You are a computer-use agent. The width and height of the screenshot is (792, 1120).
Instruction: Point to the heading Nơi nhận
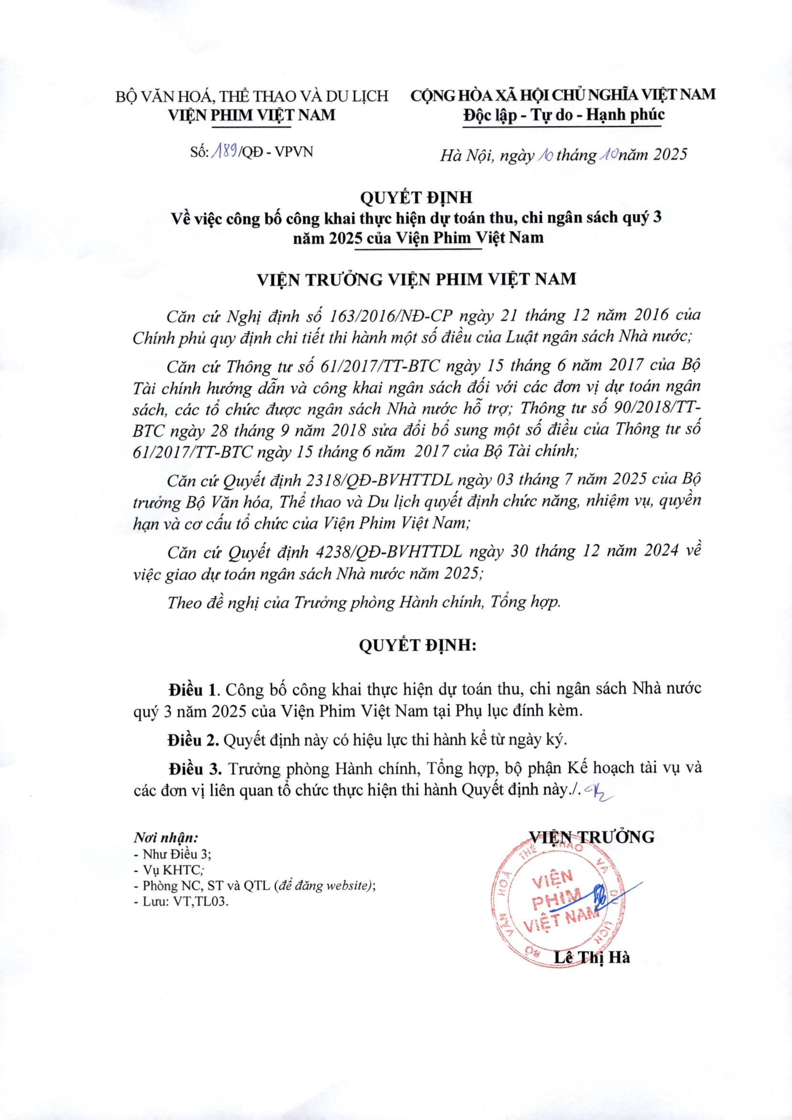coord(166,838)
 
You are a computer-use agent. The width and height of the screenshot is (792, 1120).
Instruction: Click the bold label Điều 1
coord(192,689)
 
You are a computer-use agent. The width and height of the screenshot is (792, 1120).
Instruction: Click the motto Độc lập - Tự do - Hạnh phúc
coord(563,115)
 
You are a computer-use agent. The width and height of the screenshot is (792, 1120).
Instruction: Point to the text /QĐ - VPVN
coord(276,152)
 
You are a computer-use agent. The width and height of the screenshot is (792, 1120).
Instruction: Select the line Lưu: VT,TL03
coord(181,901)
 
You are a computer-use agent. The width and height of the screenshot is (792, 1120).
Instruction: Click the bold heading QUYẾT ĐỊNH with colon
coord(417,646)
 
